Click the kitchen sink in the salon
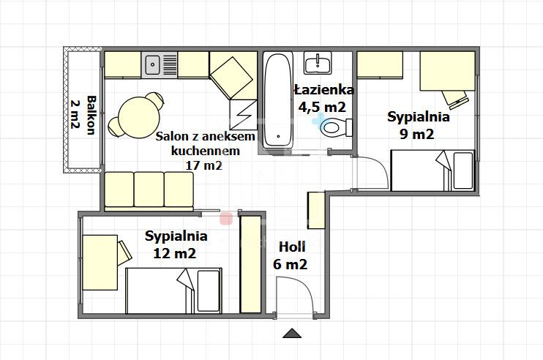click(x=153, y=64)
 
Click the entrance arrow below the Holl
click(x=292, y=334)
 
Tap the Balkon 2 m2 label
click(x=82, y=114)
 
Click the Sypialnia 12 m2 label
click(x=176, y=244)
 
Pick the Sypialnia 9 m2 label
click(x=418, y=124)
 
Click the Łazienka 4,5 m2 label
click(x=323, y=98)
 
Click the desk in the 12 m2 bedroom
click(x=99, y=260)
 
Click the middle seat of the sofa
click(x=149, y=190)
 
